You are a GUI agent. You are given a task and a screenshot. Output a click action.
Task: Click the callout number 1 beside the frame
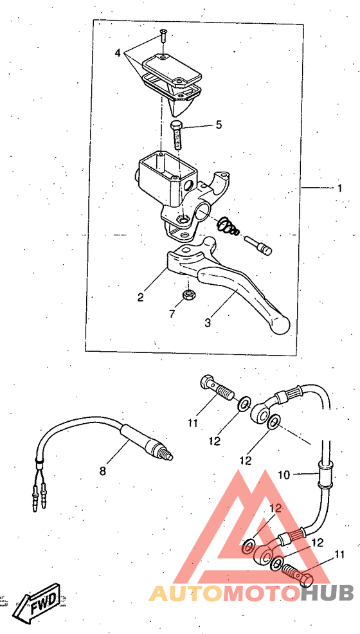[x=340, y=188]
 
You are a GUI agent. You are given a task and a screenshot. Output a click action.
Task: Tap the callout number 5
[x=219, y=125]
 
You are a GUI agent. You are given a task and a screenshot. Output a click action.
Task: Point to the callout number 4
[x=118, y=53]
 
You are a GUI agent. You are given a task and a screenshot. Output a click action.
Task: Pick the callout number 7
[x=172, y=313]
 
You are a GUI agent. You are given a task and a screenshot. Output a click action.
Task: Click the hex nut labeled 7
[x=188, y=294]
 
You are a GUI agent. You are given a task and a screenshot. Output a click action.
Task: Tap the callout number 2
[x=140, y=297]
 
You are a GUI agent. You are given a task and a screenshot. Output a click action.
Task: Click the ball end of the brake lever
[x=280, y=325]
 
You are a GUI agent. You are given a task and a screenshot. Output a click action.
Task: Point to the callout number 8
[x=103, y=471]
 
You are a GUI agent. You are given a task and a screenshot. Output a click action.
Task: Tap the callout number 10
[x=283, y=475]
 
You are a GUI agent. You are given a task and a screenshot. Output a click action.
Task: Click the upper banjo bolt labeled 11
[x=218, y=388]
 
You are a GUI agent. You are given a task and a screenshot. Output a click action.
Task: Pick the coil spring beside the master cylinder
[x=228, y=227]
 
